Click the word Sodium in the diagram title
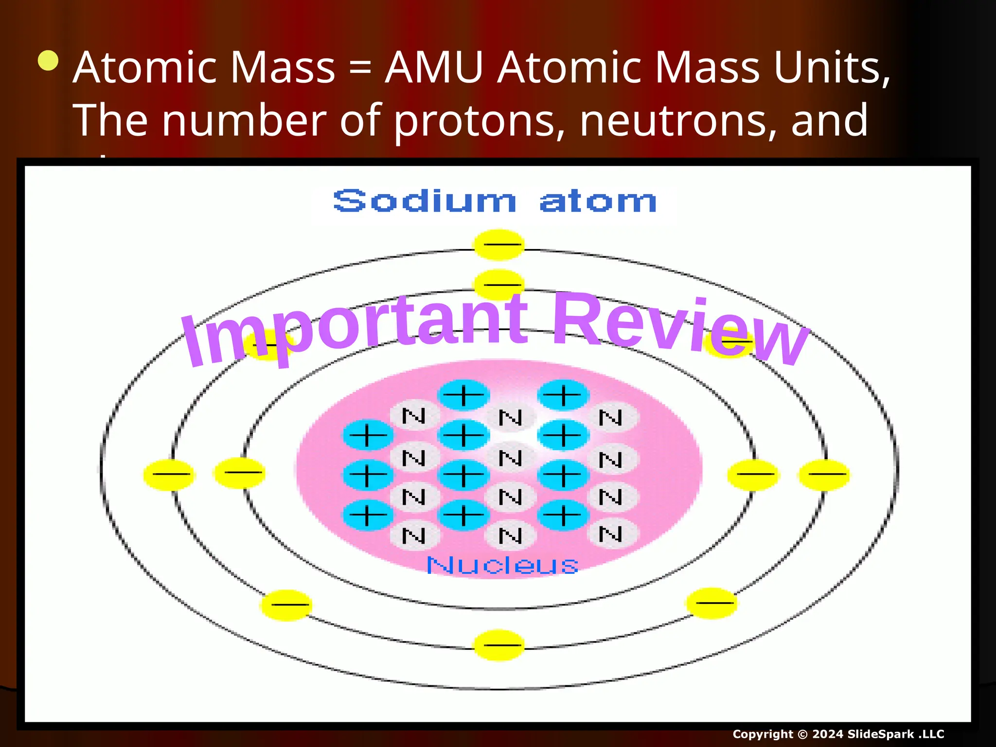(x=424, y=201)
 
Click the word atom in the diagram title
(x=598, y=202)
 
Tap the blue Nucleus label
(x=502, y=565)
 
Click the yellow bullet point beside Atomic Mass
(x=48, y=61)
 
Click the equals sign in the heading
(x=360, y=68)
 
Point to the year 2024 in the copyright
(x=827, y=734)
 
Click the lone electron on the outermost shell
(x=498, y=245)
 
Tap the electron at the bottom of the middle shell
(x=498, y=645)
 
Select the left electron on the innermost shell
(x=240, y=472)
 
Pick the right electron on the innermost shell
(x=753, y=474)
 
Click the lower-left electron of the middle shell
(x=286, y=605)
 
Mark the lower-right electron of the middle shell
(x=711, y=603)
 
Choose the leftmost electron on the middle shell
(x=169, y=474)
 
